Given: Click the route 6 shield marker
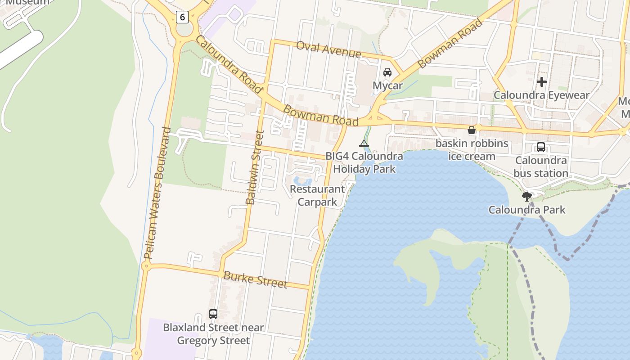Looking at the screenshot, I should (x=182, y=17).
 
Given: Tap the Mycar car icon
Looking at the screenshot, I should (x=387, y=72).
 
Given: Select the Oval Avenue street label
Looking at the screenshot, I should (x=329, y=49).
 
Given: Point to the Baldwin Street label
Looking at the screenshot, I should (x=254, y=167).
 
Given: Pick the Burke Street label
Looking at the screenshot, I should (x=255, y=279).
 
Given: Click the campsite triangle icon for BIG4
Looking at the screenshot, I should (x=364, y=144).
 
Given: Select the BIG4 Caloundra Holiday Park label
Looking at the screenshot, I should (x=364, y=162).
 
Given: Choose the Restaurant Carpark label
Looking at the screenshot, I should (x=317, y=195).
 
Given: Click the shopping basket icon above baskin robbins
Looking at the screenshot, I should (x=472, y=130).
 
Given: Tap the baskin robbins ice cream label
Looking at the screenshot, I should (x=472, y=150).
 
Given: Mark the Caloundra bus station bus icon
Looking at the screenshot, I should (x=541, y=147).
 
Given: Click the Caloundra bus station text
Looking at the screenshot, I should (x=541, y=166).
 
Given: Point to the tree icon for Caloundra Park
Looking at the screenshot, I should (x=527, y=196).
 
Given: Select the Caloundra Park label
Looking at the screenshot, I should (x=527, y=210).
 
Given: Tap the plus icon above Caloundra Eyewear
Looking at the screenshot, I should (x=542, y=82).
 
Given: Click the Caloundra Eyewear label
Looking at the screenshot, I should (x=541, y=95).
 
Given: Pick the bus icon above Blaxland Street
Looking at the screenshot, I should (x=213, y=314).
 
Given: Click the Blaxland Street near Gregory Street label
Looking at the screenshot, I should (x=213, y=334).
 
